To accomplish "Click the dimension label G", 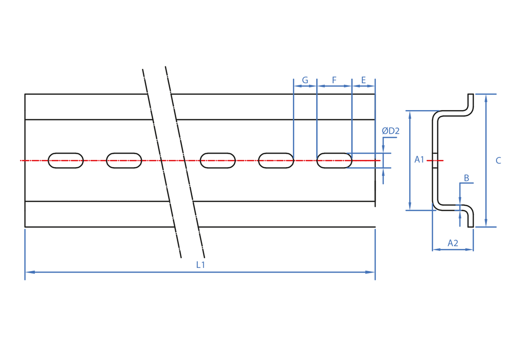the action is pyautogui.click(x=305, y=80).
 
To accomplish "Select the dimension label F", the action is pyautogui.click(x=334, y=80).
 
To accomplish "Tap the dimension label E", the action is pyautogui.click(x=363, y=80).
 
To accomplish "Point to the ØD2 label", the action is pyautogui.click(x=391, y=131).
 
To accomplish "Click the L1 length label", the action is pyautogui.click(x=200, y=264).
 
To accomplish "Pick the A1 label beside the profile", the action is pyautogui.click(x=419, y=159).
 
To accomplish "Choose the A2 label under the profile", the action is pyautogui.click(x=453, y=243).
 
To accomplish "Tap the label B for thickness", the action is pyautogui.click(x=467, y=178).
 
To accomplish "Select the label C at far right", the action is pyautogui.click(x=498, y=160).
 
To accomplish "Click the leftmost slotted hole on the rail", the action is pyautogui.click(x=66, y=160).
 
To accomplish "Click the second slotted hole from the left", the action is pyautogui.click(x=124, y=160).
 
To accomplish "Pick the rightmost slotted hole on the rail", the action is pyautogui.click(x=335, y=160).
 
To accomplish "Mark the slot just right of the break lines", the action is pyautogui.click(x=217, y=160).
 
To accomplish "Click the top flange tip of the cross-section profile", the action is pyautogui.click(x=471, y=95).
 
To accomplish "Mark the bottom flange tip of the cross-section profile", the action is pyautogui.click(x=471, y=226).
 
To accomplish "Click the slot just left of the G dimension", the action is pyautogui.click(x=276, y=160).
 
